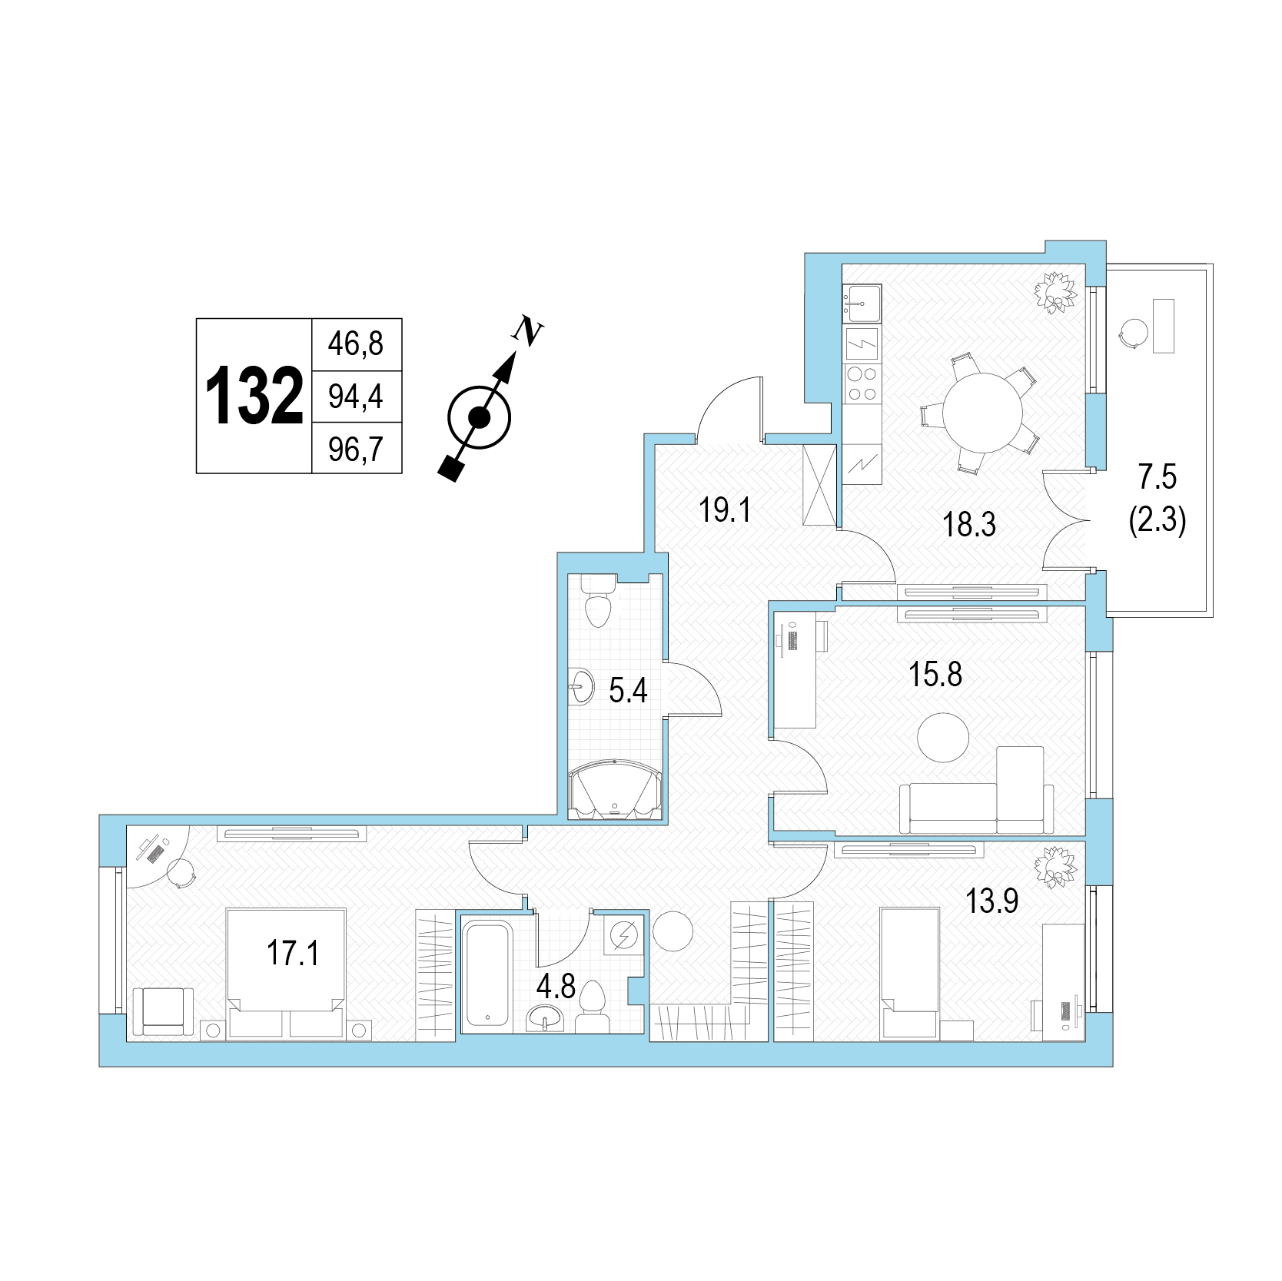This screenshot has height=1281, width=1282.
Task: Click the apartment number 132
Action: (254, 396)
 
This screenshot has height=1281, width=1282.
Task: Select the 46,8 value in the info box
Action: (355, 343)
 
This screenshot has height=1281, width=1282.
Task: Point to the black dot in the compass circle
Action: (480, 417)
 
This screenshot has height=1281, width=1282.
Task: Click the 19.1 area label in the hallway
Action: (724, 509)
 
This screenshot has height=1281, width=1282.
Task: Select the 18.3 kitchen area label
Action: (969, 525)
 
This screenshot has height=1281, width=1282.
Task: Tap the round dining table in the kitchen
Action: (983, 413)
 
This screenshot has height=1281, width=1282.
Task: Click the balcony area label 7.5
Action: (1157, 477)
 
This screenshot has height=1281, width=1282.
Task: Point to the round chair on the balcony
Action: (1132, 333)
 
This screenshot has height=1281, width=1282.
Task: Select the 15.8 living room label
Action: (935, 675)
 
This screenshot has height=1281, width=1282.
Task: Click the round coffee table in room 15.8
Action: (943, 737)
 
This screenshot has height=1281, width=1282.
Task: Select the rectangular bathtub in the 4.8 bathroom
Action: (488, 974)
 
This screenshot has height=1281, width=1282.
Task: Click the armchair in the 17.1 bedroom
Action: (164, 1011)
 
